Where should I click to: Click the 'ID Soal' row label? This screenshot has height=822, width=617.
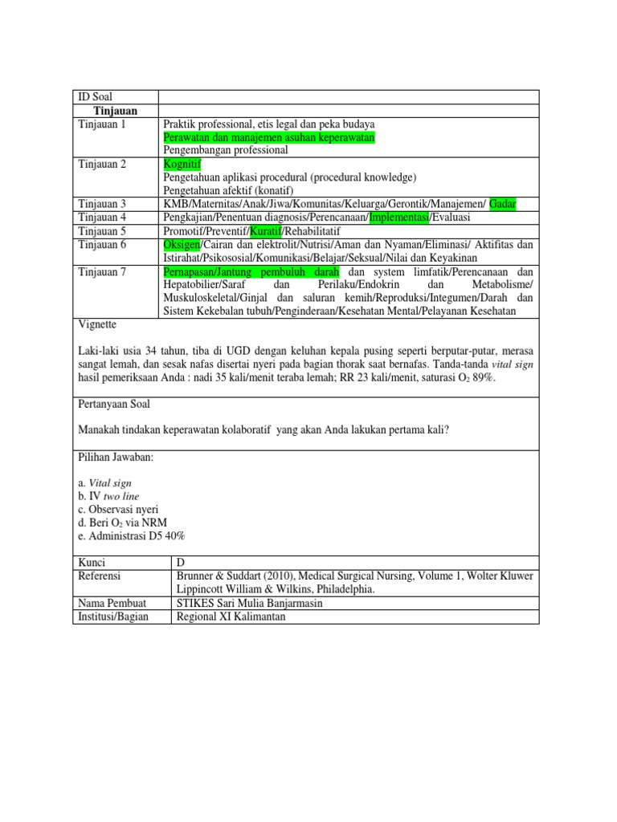pos(96,97)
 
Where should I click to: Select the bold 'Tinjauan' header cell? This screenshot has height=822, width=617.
pos(115,111)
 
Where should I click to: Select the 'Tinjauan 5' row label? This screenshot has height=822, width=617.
pos(103,231)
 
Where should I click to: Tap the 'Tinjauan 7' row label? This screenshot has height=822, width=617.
pos(103,272)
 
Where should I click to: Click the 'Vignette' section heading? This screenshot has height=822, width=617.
pos(98,326)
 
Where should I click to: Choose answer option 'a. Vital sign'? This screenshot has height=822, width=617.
pos(105,483)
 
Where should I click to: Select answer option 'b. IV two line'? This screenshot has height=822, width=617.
pos(109,497)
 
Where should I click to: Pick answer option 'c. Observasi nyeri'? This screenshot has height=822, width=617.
pos(118,510)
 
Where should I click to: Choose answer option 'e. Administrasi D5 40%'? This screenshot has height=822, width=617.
pos(132,536)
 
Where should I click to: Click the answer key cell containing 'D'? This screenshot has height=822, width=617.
pos(179,563)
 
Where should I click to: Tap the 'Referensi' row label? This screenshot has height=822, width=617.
pos(101,576)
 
